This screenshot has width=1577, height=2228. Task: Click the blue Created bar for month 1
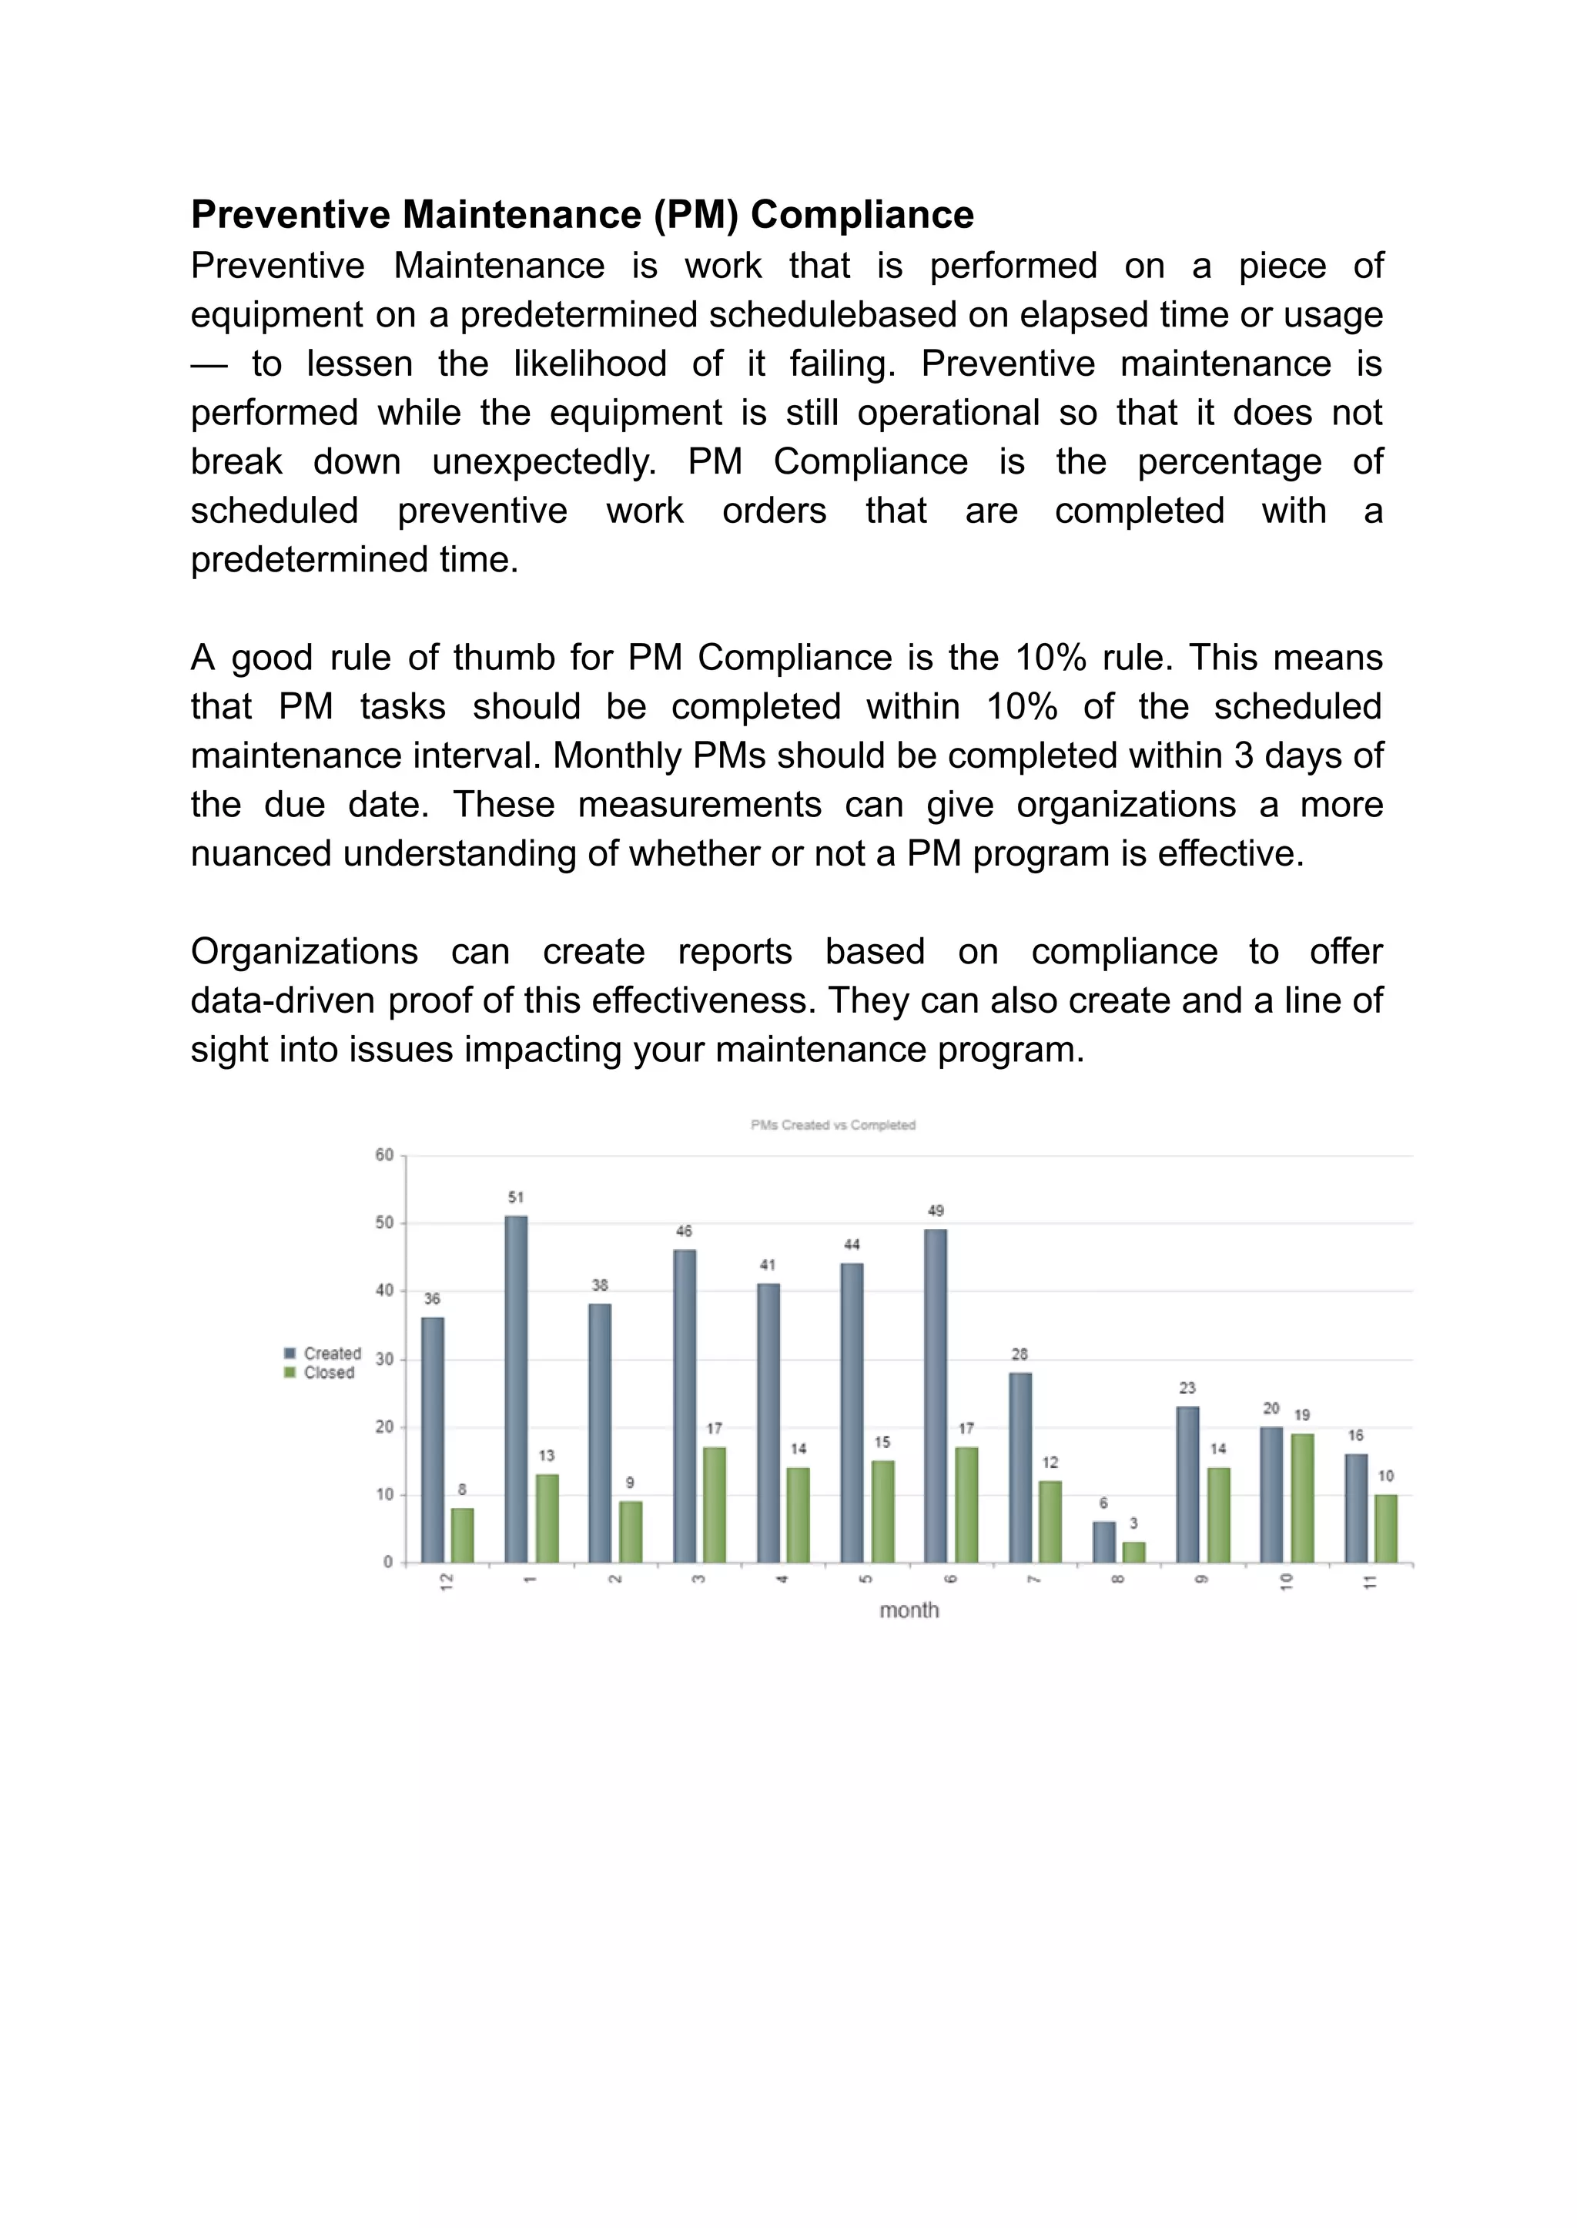(516, 1388)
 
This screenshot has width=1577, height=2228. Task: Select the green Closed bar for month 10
(1302, 1498)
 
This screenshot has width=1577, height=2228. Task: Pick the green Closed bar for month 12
(462, 1535)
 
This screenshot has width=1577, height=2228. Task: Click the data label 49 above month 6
(935, 1210)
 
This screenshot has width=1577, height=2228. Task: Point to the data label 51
(516, 1197)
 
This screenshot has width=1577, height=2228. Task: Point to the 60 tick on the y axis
(384, 1154)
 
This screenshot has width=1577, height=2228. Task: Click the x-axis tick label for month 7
(1033, 1580)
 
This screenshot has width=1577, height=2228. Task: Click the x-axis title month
(909, 1610)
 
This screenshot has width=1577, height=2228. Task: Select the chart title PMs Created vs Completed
(832, 1124)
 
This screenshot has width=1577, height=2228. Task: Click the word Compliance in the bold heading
(862, 215)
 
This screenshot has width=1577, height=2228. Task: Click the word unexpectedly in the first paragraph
(544, 462)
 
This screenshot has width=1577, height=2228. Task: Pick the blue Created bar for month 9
(1187, 1484)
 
